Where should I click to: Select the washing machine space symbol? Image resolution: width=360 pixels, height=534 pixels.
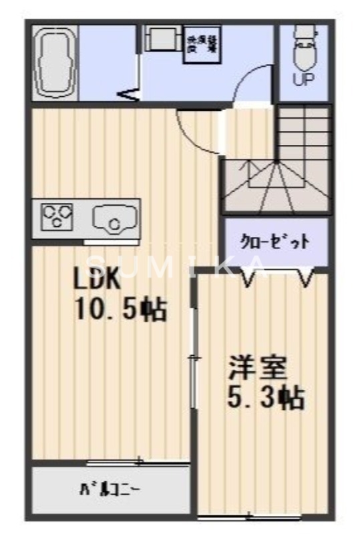(x=200, y=45)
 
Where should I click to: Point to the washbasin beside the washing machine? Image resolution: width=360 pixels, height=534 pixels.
(x=158, y=39)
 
